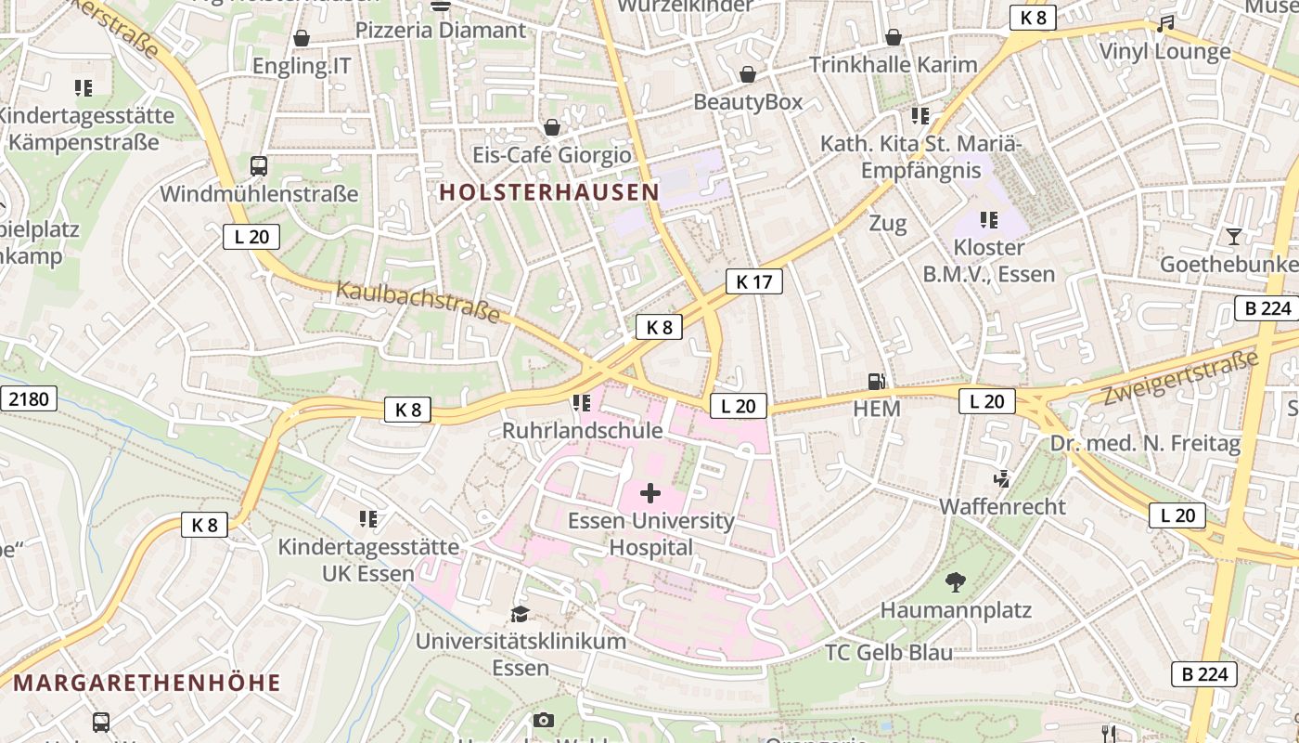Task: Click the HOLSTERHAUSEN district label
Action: tap(548, 192)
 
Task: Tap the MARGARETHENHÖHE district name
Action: tap(147, 684)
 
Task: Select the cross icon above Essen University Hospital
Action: tap(650, 493)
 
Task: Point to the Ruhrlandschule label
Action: tap(582, 431)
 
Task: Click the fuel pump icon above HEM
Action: tap(875, 381)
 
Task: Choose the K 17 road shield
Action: tap(753, 281)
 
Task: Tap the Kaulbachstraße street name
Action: tap(418, 301)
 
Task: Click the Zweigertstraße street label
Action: tap(1179, 377)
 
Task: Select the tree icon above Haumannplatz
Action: tap(955, 582)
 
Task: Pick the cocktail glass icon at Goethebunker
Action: tap(1233, 237)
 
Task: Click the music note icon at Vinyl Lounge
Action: tap(1164, 24)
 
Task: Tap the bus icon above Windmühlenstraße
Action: tap(259, 166)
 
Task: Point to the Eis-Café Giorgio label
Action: tap(551, 154)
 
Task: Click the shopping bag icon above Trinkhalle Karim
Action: tap(893, 38)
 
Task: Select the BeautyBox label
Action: tap(748, 102)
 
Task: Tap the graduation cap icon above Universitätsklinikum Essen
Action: tap(520, 614)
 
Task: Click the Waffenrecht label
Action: tap(1002, 507)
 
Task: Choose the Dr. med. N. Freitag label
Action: tap(1145, 444)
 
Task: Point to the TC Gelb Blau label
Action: tap(888, 653)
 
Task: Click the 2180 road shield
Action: tap(28, 399)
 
